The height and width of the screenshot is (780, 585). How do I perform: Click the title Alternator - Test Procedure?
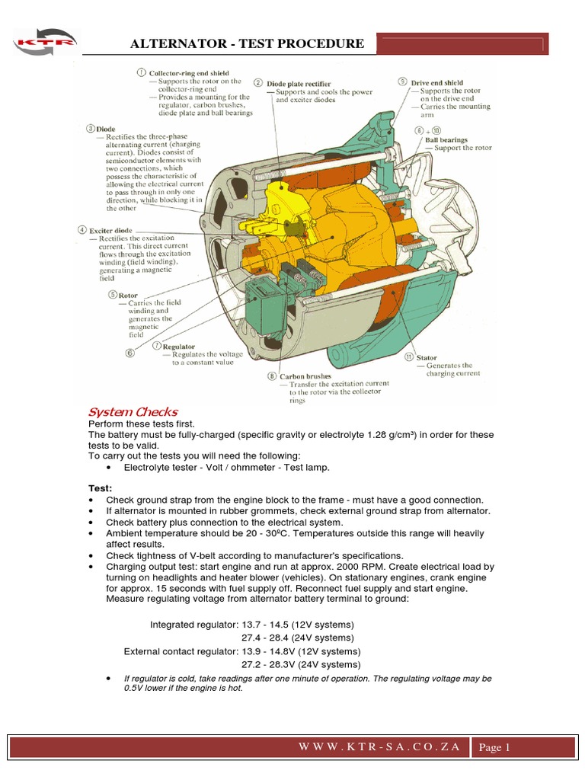[x=248, y=43]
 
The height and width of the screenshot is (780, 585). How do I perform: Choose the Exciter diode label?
[x=111, y=230]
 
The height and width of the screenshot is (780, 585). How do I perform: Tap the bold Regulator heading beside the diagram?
[x=179, y=347]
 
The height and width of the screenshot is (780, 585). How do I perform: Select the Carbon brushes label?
[x=305, y=376]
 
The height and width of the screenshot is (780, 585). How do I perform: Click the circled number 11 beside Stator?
[x=409, y=356]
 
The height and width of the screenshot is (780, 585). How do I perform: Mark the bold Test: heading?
[x=101, y=487]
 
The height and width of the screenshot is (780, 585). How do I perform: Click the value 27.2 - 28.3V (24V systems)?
[x=301, y=664]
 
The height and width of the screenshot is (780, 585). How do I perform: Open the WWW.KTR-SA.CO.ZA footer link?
[x=381, y=746]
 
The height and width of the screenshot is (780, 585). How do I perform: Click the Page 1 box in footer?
[x=494, y=748]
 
